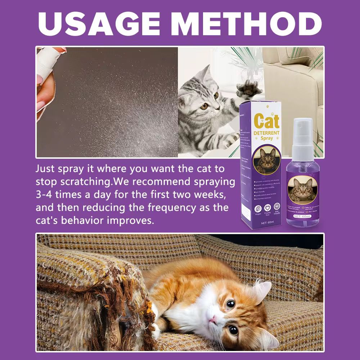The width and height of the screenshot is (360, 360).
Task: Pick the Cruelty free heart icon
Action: [267, 209]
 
